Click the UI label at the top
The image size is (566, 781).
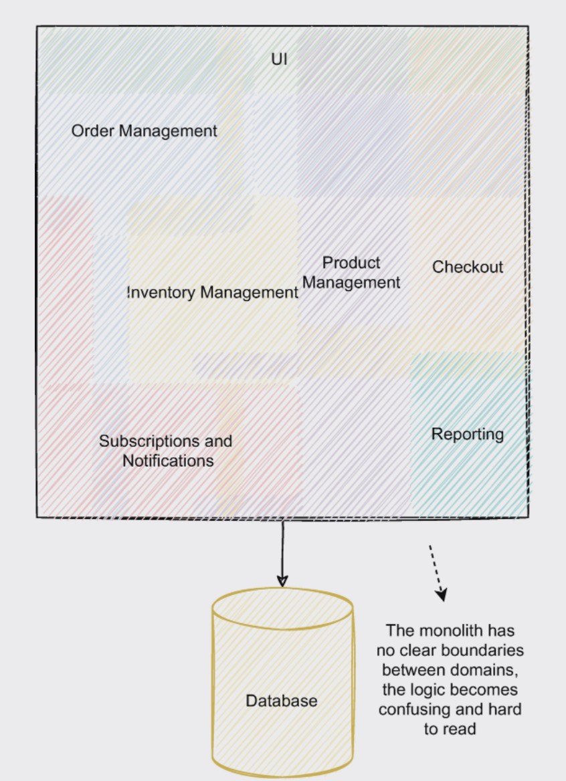point(279,59)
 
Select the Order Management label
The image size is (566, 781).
point(144,131)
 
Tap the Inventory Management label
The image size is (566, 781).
point(213,292)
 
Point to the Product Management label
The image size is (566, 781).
point(351,272)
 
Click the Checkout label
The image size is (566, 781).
point(467,267)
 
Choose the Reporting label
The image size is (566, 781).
point(467,434)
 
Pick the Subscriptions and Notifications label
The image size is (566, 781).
point(167,451)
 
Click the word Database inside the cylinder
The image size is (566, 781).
point(281,701)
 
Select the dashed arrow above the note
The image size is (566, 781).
point(438,572)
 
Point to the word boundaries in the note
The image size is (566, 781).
point(486,650)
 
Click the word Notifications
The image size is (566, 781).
point(168,461)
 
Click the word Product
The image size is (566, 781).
point(351,263)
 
